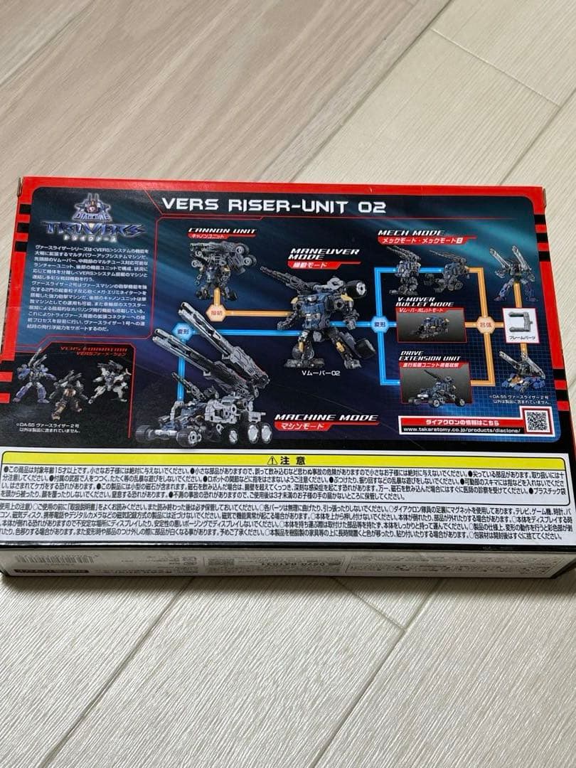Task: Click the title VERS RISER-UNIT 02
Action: point(274,205)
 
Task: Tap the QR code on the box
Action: point(537,420)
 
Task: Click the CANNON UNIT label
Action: point(211,232)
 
